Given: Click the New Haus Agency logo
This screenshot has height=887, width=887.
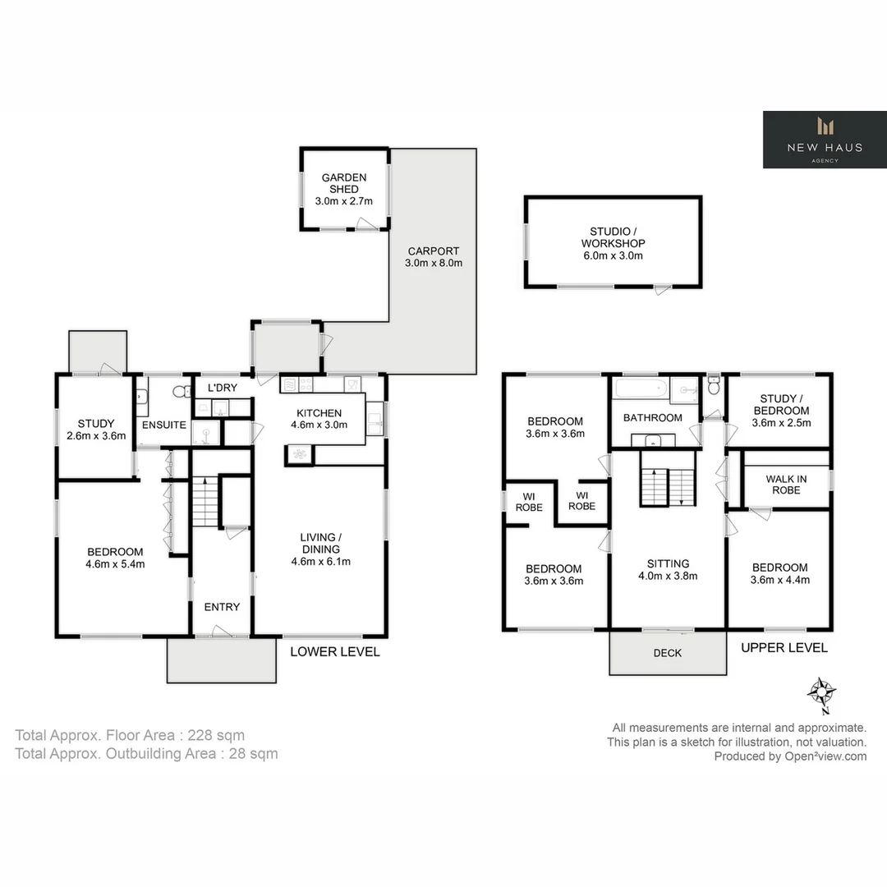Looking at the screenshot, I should coord(824,140).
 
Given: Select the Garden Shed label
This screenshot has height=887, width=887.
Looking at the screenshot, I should coord(344,183).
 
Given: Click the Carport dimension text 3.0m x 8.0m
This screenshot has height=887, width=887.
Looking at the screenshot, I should coord(434,264).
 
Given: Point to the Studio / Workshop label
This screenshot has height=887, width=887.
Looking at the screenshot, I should coord(613,237).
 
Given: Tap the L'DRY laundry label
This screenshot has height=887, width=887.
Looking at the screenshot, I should coord(222,388).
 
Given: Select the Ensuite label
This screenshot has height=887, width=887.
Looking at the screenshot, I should coord(164,425).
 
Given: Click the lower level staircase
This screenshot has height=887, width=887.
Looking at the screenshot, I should coord(205,501).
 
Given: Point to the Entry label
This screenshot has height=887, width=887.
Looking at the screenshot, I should coord(222,607).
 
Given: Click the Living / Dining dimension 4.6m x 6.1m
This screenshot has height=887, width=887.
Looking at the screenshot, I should coord(321,562).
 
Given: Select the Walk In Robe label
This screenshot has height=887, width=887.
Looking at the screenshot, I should coord(785,485).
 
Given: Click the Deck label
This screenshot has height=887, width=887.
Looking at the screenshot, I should coord(667,654).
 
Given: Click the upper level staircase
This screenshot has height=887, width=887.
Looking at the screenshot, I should coord(668,487).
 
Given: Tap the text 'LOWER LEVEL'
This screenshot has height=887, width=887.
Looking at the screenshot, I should coord(335,651).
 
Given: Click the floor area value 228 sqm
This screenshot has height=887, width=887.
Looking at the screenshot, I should coord(216,735).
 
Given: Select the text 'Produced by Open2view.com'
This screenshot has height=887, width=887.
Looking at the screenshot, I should coord(790,756).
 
